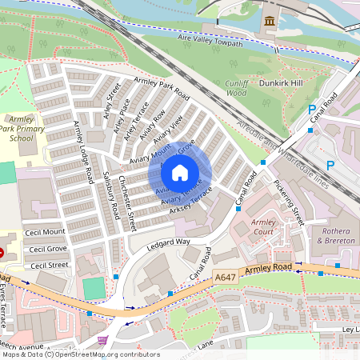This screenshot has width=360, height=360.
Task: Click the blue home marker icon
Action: pos(180,172)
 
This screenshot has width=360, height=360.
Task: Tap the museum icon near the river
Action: pos(270,19)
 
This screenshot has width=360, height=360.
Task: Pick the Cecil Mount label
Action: pos(47,232)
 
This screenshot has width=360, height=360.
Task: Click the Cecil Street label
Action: pos(48,264)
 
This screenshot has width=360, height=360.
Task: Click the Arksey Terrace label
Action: pos(186,201)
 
